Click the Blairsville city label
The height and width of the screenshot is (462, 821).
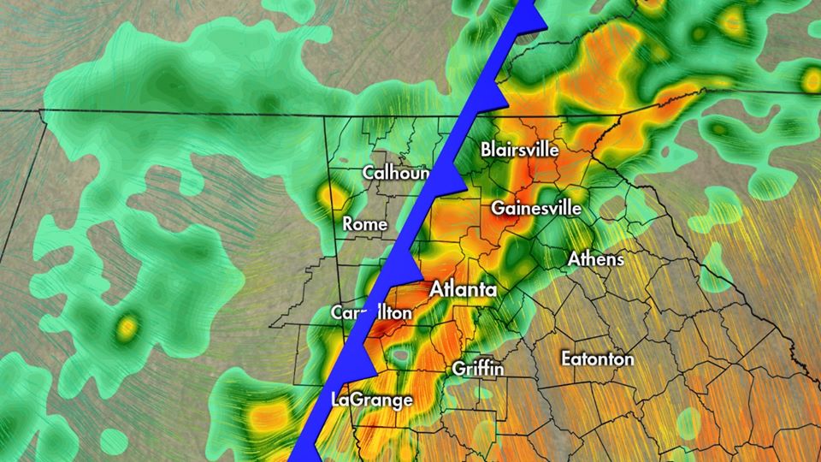[520, 149]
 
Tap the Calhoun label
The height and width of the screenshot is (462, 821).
[394, 172]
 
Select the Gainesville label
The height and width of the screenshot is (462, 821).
[536, 208]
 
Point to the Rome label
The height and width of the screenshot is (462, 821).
[365, 224]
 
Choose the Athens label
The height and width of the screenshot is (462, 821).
[596, 258]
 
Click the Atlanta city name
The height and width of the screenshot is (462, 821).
[463, 290]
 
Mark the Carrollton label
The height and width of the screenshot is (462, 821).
[371, 313]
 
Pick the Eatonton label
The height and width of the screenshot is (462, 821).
[598, 358]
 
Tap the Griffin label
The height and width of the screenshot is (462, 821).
[477, 369]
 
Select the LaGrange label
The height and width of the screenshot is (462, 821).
[371, 400]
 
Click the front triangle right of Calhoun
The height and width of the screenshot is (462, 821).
[452, 181]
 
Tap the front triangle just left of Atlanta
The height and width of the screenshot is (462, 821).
[409, 270]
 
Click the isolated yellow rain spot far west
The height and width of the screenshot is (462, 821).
[127, 325]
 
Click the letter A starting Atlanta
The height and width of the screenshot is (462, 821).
[436, 290]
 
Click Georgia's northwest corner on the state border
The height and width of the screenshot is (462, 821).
[323, 115]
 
